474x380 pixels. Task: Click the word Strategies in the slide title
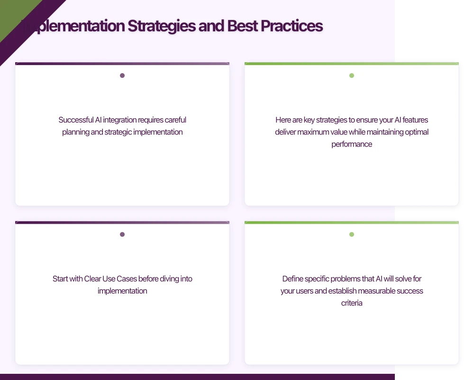click(x=161, y=26)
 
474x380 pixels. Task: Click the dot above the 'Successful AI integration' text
click(x=122, y=76)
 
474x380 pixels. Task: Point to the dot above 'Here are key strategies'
click(x=352, y=76)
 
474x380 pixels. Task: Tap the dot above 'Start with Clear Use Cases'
click(x=122, y=234)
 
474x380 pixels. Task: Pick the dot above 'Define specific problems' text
click(x=352, y=234)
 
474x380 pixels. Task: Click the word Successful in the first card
click(x=76, y=120)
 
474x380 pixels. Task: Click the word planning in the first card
click(x=75, y=132)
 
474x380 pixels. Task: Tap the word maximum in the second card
click(x=315, y=132)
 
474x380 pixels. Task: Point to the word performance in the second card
click(x=352, y=144)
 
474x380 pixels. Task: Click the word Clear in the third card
click(x=92, y=279)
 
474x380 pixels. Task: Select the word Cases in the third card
click(x=128, y=279)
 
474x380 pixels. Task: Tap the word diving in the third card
click(x=169, y=279)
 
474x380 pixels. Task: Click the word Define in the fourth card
click(x=292, y=279)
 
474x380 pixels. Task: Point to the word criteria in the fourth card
click(x=352, y=303)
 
